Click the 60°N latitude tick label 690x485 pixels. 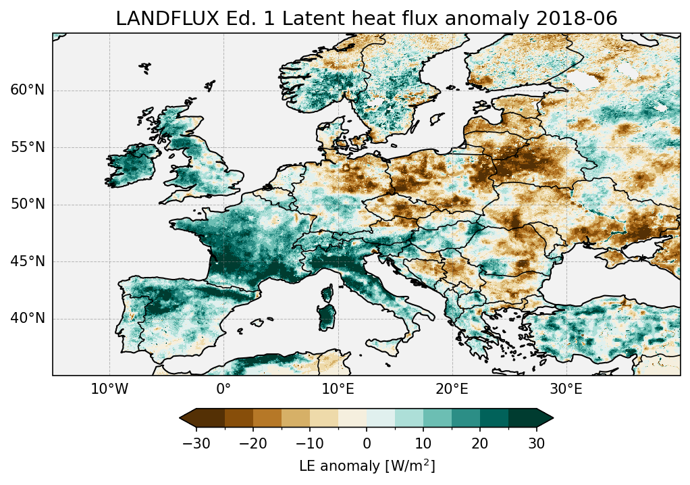(x=28, y=90)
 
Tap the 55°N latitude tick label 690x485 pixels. (x=28, y=147)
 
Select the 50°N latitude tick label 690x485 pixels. (x=28, y=204)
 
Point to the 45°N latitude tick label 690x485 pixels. (x=28, y=261)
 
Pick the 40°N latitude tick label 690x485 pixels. (x=28, y=318)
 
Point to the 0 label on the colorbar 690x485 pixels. (x=367, y=443)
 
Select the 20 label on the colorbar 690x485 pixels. (x=480, y=443)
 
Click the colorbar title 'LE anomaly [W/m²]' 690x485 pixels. (x=367, y=466)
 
